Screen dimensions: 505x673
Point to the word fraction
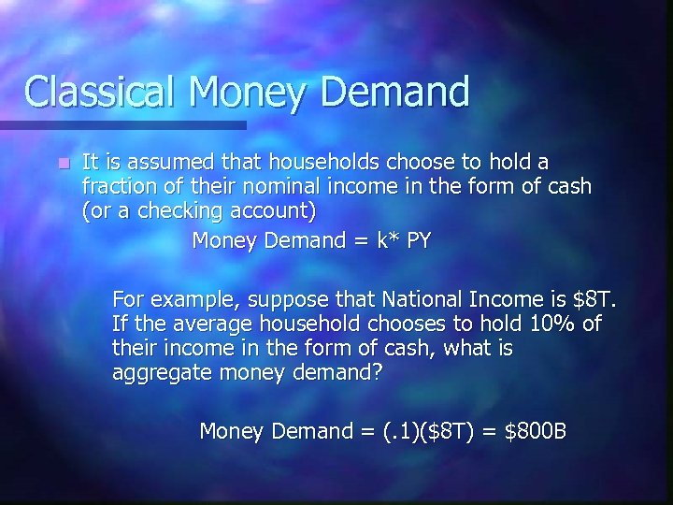pos(120,186)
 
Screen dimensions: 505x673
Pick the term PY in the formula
pos(419,240)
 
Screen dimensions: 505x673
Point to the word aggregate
pos(162,373)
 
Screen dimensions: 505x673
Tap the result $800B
pos(535,431)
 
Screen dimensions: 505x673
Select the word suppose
pos(293,300)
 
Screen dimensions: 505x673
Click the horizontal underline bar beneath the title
pos(122,124)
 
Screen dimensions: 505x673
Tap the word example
pos(193,300)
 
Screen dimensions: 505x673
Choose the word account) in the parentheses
pos(272,210)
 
